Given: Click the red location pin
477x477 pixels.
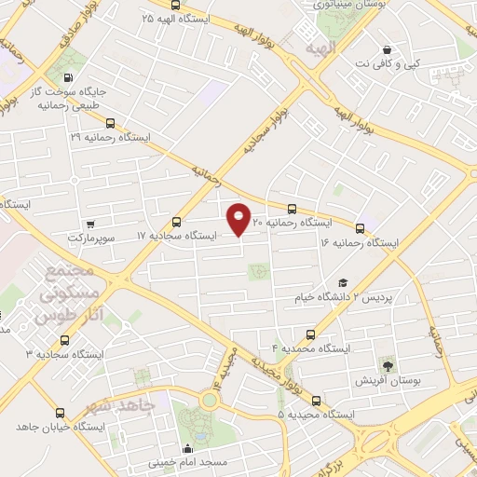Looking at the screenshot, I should tap(239, 219).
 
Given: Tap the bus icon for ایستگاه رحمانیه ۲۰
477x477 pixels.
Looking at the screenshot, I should tap(292, 209).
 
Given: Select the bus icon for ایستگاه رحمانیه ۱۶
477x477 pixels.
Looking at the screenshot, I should tap(360, 227).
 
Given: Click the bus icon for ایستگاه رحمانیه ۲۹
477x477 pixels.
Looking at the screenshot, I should tap(111, 122).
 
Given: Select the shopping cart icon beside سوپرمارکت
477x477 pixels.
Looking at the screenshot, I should tap(90, 224).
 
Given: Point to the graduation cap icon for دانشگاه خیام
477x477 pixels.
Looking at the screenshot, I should tap(342, 282).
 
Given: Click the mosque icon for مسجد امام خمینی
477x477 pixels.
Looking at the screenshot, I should tap(190, 448).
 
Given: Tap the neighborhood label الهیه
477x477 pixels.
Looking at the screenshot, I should tap(320, 47).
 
